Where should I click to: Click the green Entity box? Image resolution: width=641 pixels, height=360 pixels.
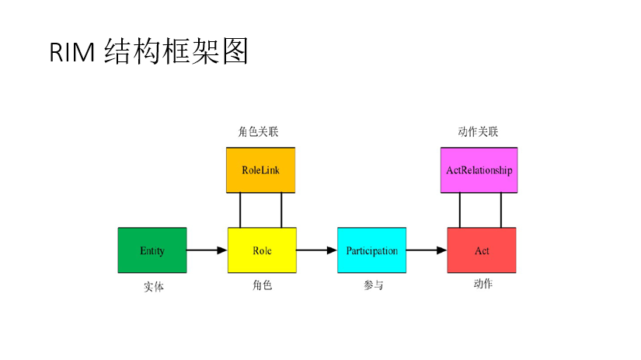point(152,250)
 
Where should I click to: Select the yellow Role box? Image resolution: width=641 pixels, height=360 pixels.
point(262,250)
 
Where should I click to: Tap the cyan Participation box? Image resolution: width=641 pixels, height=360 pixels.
point(371,250)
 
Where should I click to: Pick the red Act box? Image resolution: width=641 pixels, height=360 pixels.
point(482,250)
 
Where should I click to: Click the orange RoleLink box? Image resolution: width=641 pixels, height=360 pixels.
point(261,170)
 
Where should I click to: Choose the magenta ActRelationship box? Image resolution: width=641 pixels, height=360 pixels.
point(479,170)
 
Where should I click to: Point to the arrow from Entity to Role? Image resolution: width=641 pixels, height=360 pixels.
point(207,250)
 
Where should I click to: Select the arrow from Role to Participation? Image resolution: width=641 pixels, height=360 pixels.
point(316,250)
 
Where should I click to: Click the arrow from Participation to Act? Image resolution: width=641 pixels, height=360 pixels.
point(427,250)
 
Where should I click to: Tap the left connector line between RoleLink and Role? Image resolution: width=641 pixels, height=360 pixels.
point(241,210)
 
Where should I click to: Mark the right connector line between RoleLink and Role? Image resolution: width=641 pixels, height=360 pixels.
point(281,210)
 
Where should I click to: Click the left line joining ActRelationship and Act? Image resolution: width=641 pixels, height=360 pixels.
point(460,210)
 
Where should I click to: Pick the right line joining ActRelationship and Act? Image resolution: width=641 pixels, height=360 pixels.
point(501,210)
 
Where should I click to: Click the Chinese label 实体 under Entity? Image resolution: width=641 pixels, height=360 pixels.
point(154,287)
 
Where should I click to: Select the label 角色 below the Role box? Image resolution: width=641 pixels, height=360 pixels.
point(262,285)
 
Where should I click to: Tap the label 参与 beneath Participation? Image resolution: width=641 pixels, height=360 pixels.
point(373,285)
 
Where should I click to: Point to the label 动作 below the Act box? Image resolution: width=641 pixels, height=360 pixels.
point(482,285)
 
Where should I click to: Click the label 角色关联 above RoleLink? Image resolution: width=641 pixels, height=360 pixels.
point(258,132)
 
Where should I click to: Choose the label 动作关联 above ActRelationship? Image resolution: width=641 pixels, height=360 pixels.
point(478,132)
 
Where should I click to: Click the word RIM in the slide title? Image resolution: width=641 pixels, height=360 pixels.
point(71,52)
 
